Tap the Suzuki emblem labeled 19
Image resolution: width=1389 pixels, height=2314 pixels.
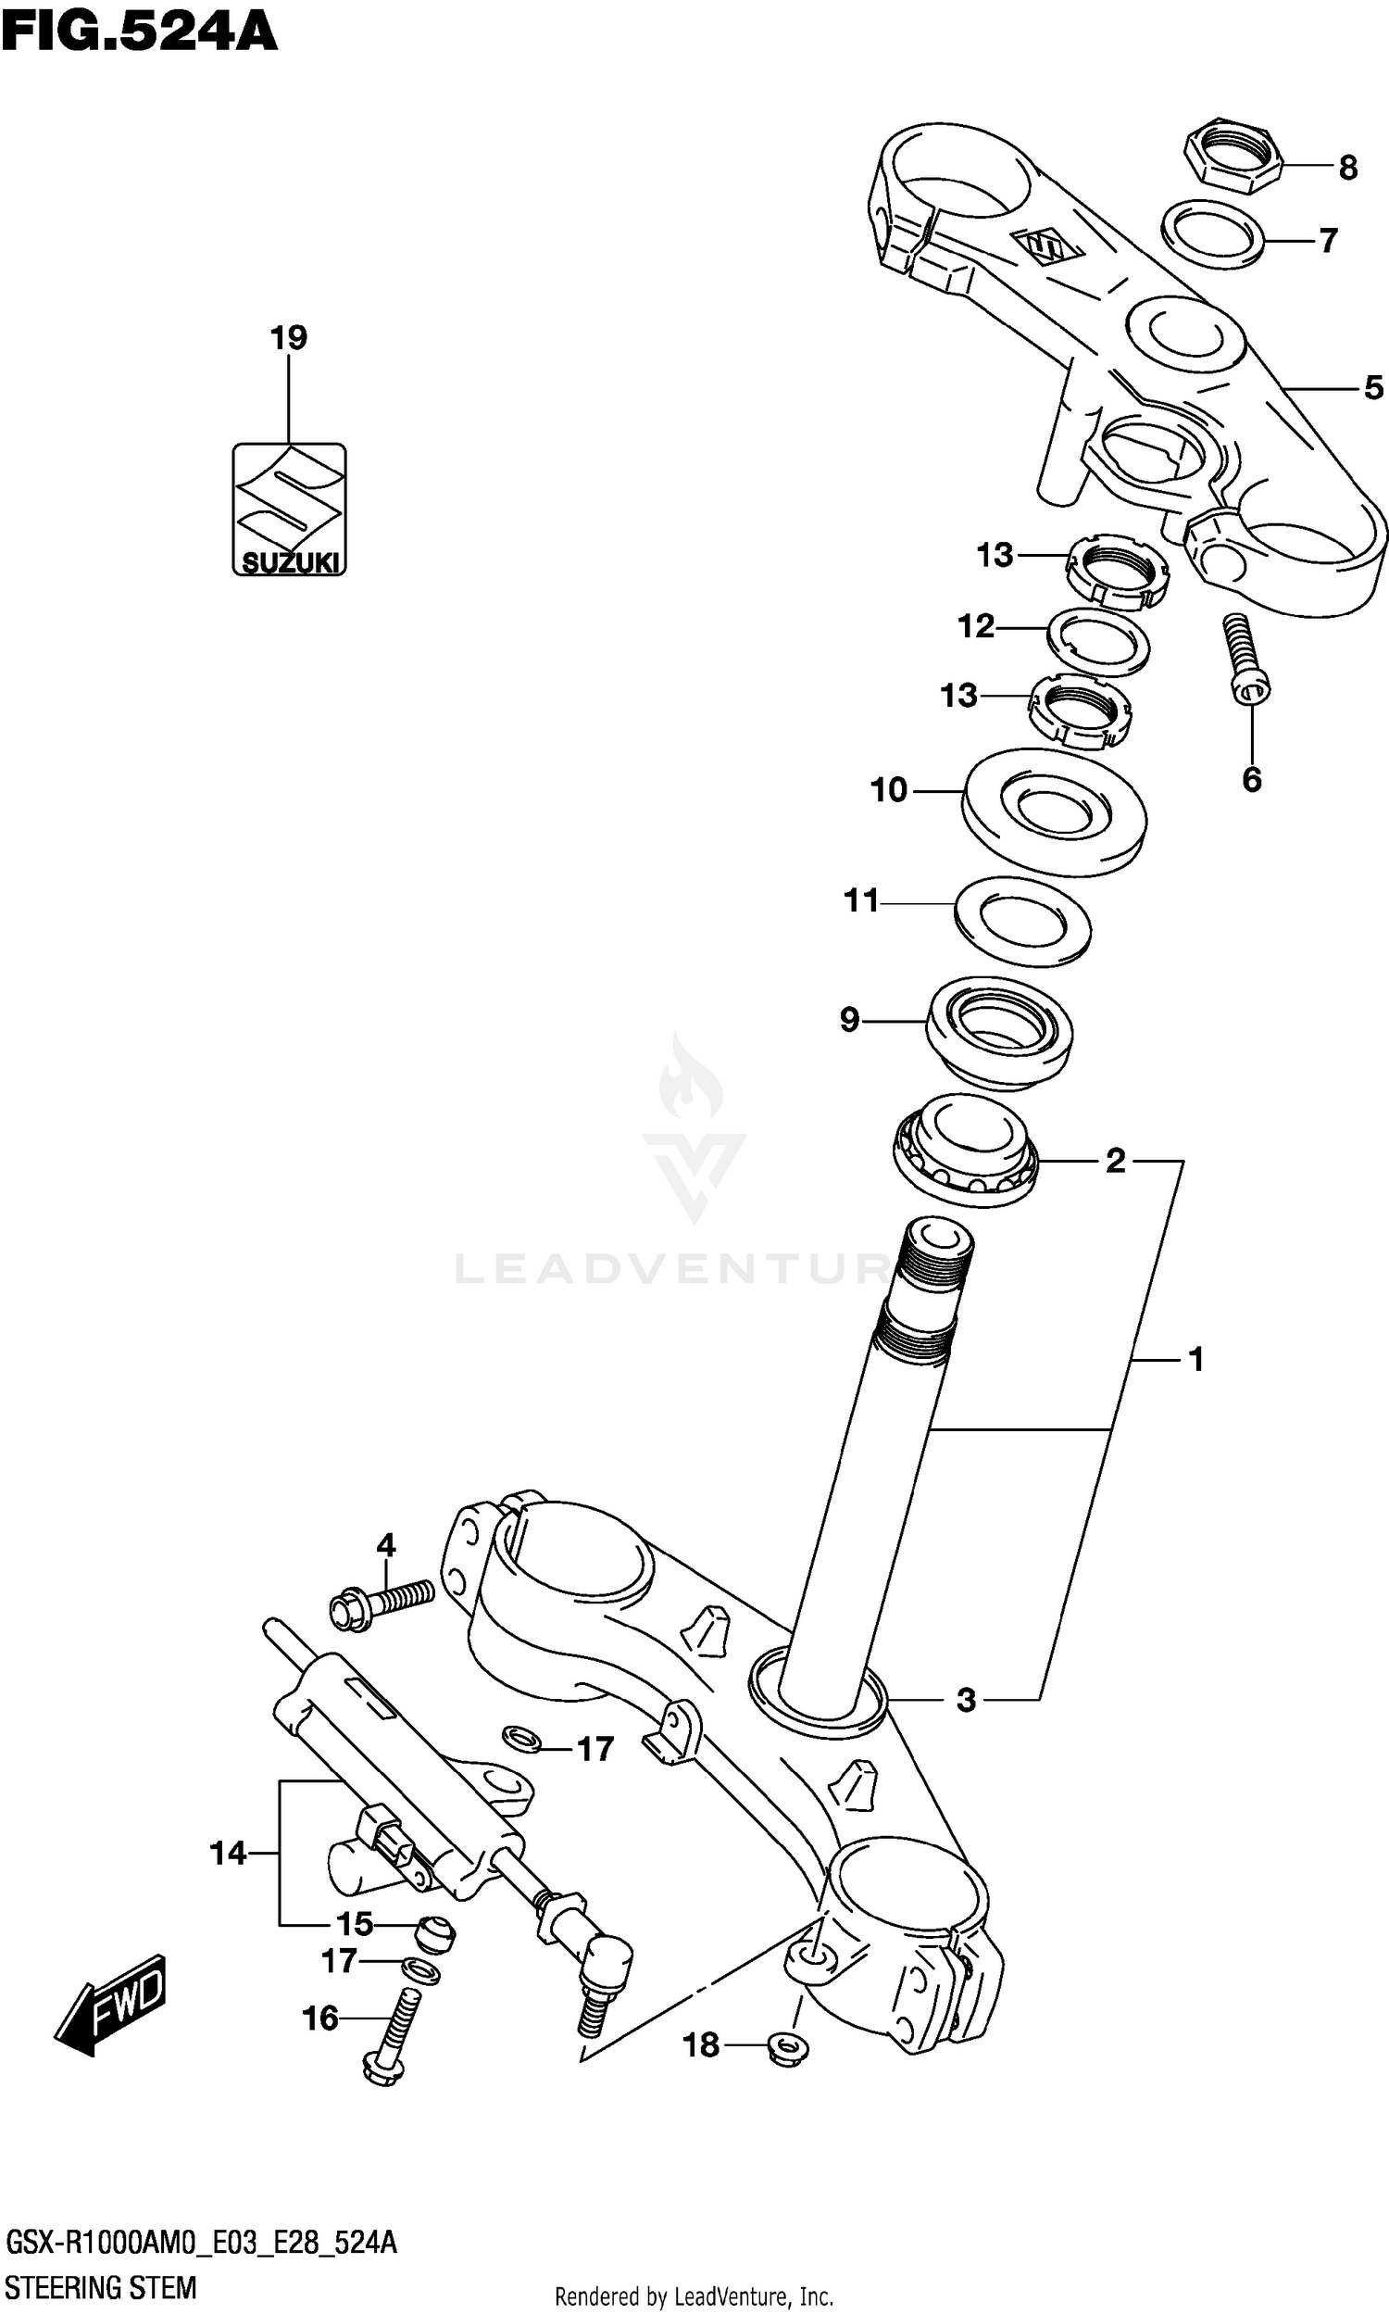pos(289,509)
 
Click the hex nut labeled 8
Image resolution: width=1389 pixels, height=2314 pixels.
pos(1231,156)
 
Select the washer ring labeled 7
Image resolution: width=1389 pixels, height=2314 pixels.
pos(1213,233)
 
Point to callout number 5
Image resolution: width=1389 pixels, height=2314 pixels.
pos(1373,387)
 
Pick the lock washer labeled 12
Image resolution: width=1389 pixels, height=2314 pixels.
pos(1099,641)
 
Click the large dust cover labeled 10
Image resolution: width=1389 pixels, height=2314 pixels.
pos(1054,811)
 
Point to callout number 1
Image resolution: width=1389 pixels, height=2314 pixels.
pos(1195,1359)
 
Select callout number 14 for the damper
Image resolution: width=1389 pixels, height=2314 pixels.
pos(228,1853)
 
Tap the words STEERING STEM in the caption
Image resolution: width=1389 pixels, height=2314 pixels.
pos(100,2287)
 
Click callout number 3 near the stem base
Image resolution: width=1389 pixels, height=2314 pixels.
pos(966,1700)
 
